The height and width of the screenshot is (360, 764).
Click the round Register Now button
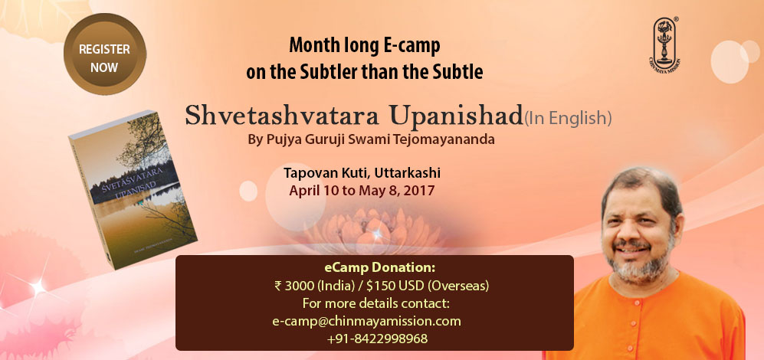pos(104,54)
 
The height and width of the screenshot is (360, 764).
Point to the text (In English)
pos(567,118)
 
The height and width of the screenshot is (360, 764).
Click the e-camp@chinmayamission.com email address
pos(366,322)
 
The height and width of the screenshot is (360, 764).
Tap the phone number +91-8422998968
pos(377,339)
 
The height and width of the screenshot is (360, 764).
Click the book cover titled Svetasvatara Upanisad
pos(133,188)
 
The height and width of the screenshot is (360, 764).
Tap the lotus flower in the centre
pos(375,228)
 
